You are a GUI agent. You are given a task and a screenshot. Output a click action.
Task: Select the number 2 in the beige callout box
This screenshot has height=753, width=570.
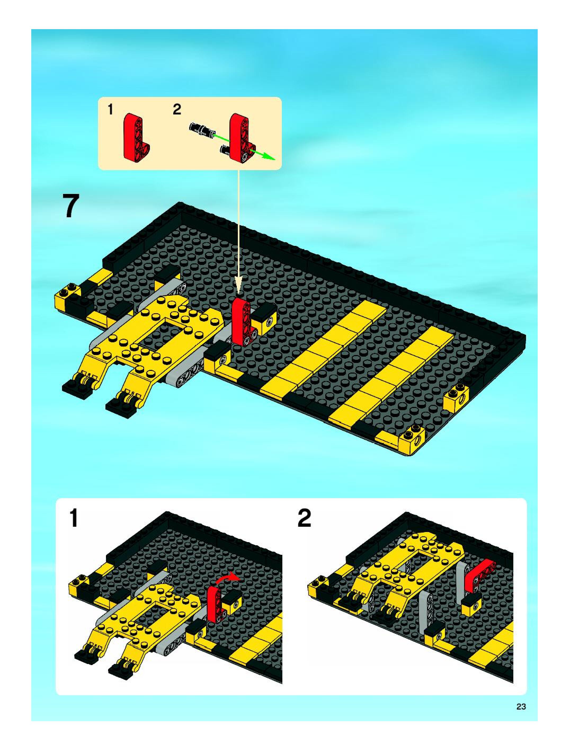(x=177, y=110)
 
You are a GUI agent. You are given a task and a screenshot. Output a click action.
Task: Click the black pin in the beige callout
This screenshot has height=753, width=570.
(x=202, y=130)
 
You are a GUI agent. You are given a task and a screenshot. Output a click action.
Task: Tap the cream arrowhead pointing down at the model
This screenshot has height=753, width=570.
(x=239, y=287)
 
